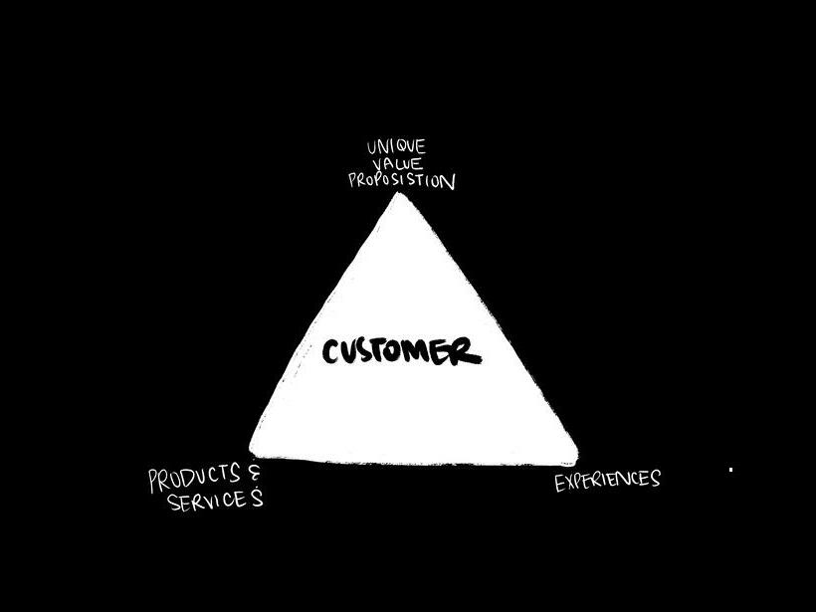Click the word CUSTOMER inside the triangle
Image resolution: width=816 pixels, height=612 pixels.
[401, 352]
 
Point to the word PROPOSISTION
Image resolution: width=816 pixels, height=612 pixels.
[401, 181]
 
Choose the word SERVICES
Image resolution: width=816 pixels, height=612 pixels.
[214, 500]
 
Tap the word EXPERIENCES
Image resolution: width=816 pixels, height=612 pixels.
[607, 481]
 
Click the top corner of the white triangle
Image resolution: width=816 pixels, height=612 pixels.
[399, 194]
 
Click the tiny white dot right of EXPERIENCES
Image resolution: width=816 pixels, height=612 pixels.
[731, 469]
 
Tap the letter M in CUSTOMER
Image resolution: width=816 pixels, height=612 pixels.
[425, 352]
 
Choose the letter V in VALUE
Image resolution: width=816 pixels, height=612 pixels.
[375, 165]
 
